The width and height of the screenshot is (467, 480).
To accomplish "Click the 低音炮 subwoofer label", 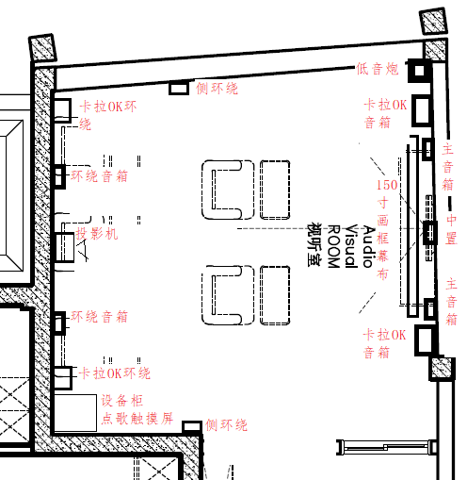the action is (377, 69).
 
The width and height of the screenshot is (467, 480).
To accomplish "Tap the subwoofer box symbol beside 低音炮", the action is (419, 71).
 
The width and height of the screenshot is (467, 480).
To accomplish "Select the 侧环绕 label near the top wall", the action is (217, 89).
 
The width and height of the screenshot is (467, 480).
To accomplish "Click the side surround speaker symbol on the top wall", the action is (179, 88).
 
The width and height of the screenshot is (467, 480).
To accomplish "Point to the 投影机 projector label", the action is (97, 234).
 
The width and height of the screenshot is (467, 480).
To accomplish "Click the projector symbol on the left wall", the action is (65, 247).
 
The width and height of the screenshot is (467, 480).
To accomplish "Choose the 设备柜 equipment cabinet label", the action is (122, 401).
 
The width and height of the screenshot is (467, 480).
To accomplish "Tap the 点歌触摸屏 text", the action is (137, 419).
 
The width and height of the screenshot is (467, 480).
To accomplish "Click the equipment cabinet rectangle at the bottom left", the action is (75, 413).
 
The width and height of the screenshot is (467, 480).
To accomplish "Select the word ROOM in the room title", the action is (334, 246).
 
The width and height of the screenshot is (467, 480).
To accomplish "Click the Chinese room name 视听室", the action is (314, 244).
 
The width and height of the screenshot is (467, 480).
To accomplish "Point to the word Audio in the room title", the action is (369, 246).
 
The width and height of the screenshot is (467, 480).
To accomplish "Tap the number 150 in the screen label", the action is (387, 185).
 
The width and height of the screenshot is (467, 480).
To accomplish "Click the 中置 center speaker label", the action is (451, 229).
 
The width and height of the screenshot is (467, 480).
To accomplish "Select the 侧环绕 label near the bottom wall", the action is (227, 425).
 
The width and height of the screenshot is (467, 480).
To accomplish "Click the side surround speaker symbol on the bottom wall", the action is (192, 426).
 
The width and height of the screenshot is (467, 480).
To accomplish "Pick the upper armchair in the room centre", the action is (228, 190).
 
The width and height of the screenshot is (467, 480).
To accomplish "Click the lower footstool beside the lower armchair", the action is (275, 295).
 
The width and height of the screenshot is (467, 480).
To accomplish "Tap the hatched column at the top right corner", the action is (433, 21).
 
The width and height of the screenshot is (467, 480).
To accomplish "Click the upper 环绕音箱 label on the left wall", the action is (99, 176).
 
